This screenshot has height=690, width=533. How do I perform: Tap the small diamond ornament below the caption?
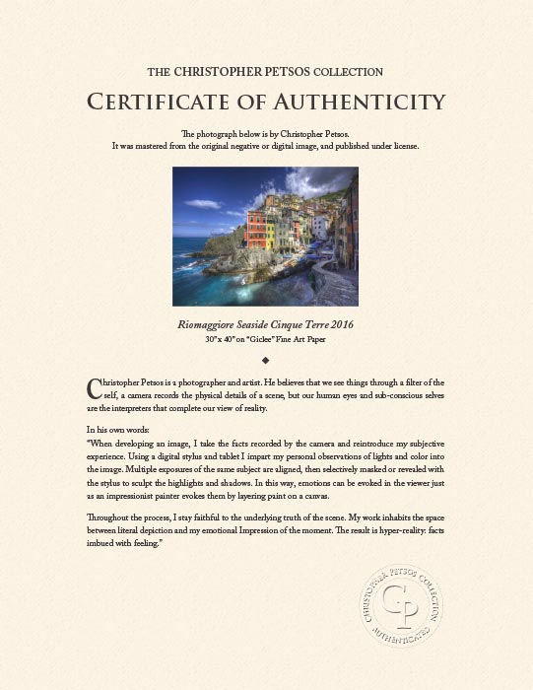coord(266,361)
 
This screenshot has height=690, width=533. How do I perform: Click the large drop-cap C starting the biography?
coord(94,385)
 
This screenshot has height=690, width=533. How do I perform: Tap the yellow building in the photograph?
coord(281,231)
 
